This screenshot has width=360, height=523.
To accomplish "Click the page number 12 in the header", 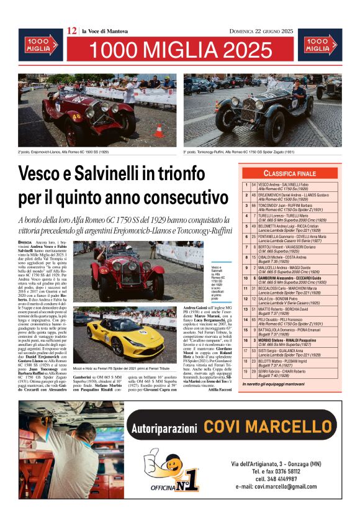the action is coord(72,30).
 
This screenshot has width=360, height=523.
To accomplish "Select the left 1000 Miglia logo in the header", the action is coord(40,45).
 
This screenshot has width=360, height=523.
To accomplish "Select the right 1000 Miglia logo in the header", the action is coord(320,45).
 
